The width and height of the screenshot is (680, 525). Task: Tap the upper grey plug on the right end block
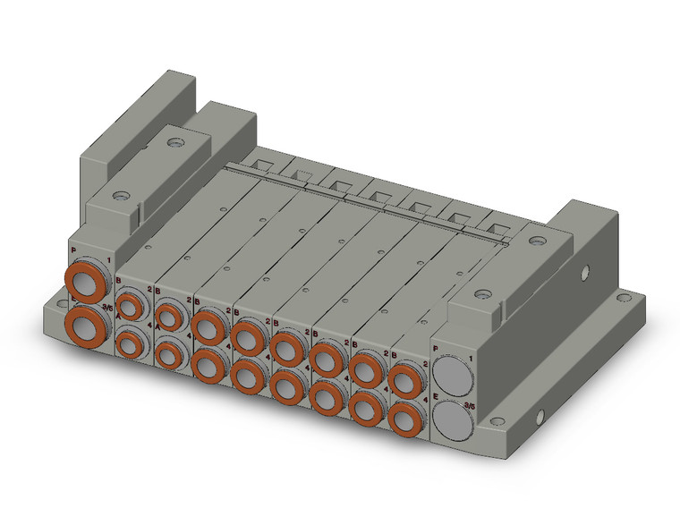(455, 374)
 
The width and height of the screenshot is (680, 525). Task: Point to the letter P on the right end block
(436, 346)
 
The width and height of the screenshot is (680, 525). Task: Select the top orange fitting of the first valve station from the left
(131, 308)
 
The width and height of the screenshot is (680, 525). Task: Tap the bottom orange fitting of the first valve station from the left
(131, 343)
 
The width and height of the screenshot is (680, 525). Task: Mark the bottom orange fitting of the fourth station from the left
(246, 375)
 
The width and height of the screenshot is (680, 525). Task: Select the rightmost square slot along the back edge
(497, 224)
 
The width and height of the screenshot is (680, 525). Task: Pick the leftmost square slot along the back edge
(261, 164)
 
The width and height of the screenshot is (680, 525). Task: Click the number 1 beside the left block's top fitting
(110, 261)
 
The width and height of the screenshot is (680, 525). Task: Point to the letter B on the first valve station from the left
(119, 281)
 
